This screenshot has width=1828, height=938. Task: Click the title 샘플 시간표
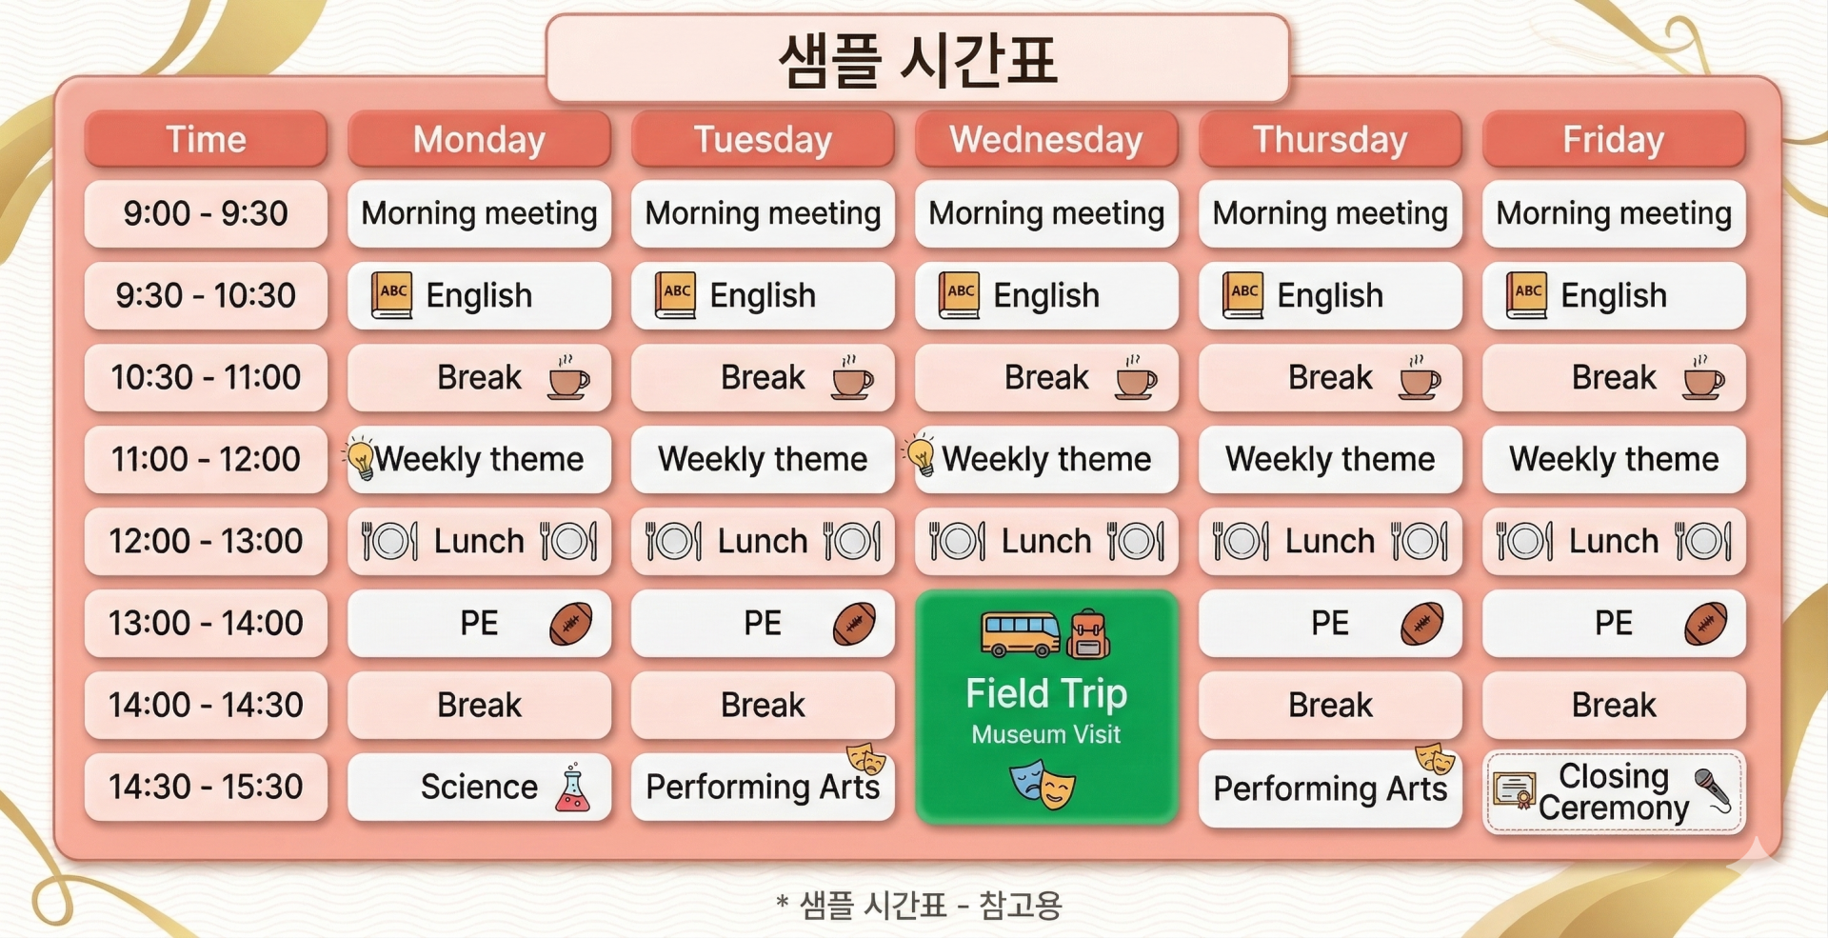(918, 59)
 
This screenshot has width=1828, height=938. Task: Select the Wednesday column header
(1046, 139)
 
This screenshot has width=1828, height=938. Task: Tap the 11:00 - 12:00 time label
(206, 459)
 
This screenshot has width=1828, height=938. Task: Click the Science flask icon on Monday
(572, 788)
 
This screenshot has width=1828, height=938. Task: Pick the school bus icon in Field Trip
(1021, 634)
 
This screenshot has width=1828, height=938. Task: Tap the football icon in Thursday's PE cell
(1421, 624)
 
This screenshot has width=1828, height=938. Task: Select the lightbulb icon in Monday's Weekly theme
(361, 458)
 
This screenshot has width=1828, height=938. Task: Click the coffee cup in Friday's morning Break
(1703, 378)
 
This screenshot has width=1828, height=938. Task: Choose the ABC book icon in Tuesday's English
(676, 295)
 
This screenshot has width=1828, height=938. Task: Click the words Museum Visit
(1045, 734)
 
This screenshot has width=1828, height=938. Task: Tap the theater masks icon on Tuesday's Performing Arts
(866, 758)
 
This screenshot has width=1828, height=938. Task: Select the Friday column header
(1614, 139)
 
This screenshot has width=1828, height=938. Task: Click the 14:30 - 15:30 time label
(206, 787)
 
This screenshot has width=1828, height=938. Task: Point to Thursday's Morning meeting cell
(1330, 213)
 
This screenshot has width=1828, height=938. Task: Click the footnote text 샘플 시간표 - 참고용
(930, 905)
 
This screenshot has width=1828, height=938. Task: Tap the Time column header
(206, 139)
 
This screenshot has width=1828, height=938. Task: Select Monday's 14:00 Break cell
(479, 705)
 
